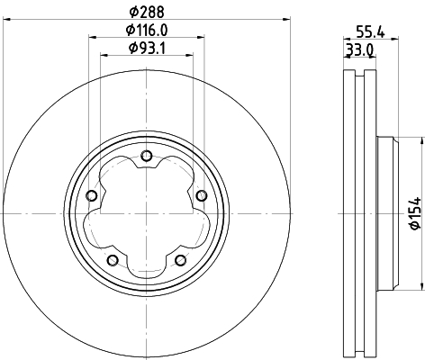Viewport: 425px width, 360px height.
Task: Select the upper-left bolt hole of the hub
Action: click(91, 196)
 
